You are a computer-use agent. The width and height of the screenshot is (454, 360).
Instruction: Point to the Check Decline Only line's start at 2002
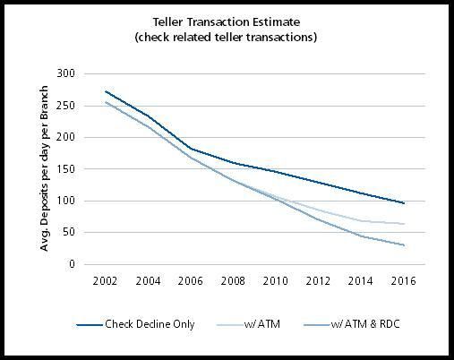[x=107, y=91]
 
